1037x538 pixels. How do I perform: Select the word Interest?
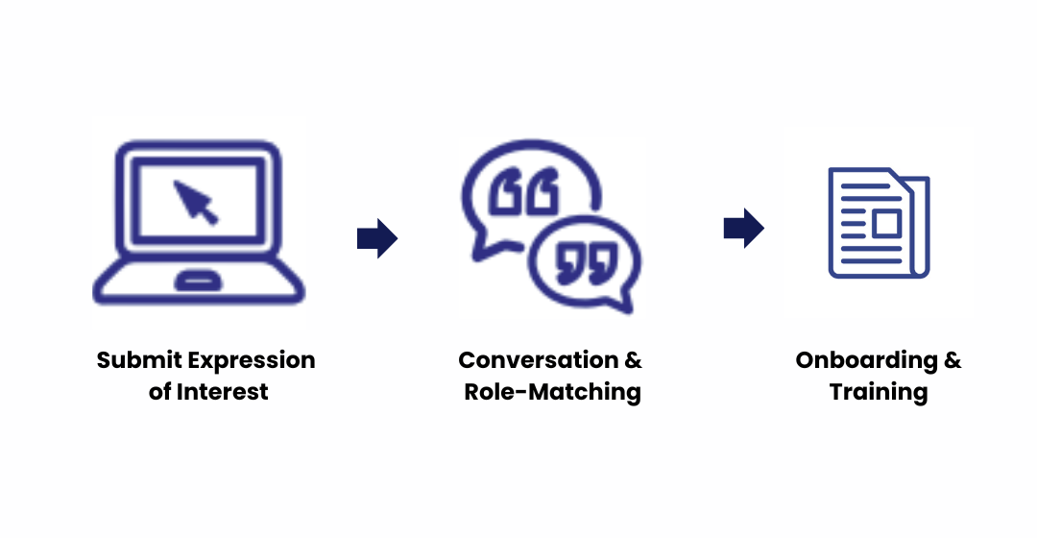click(x=223, y=392)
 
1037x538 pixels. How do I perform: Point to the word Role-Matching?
click(x=552, y=392)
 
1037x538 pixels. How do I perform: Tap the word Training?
click(x=879, y=392)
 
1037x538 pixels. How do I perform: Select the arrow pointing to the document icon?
click(x=743, y=229)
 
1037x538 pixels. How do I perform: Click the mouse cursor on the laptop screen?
click(x=196, y=201)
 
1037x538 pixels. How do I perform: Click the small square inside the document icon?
click(x=884, y=223)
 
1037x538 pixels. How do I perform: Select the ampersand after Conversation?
click(x=633, y=361)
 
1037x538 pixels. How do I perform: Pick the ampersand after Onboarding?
click(x=952, y=361)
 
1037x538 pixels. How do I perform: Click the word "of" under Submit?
click(x=159, y=392)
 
